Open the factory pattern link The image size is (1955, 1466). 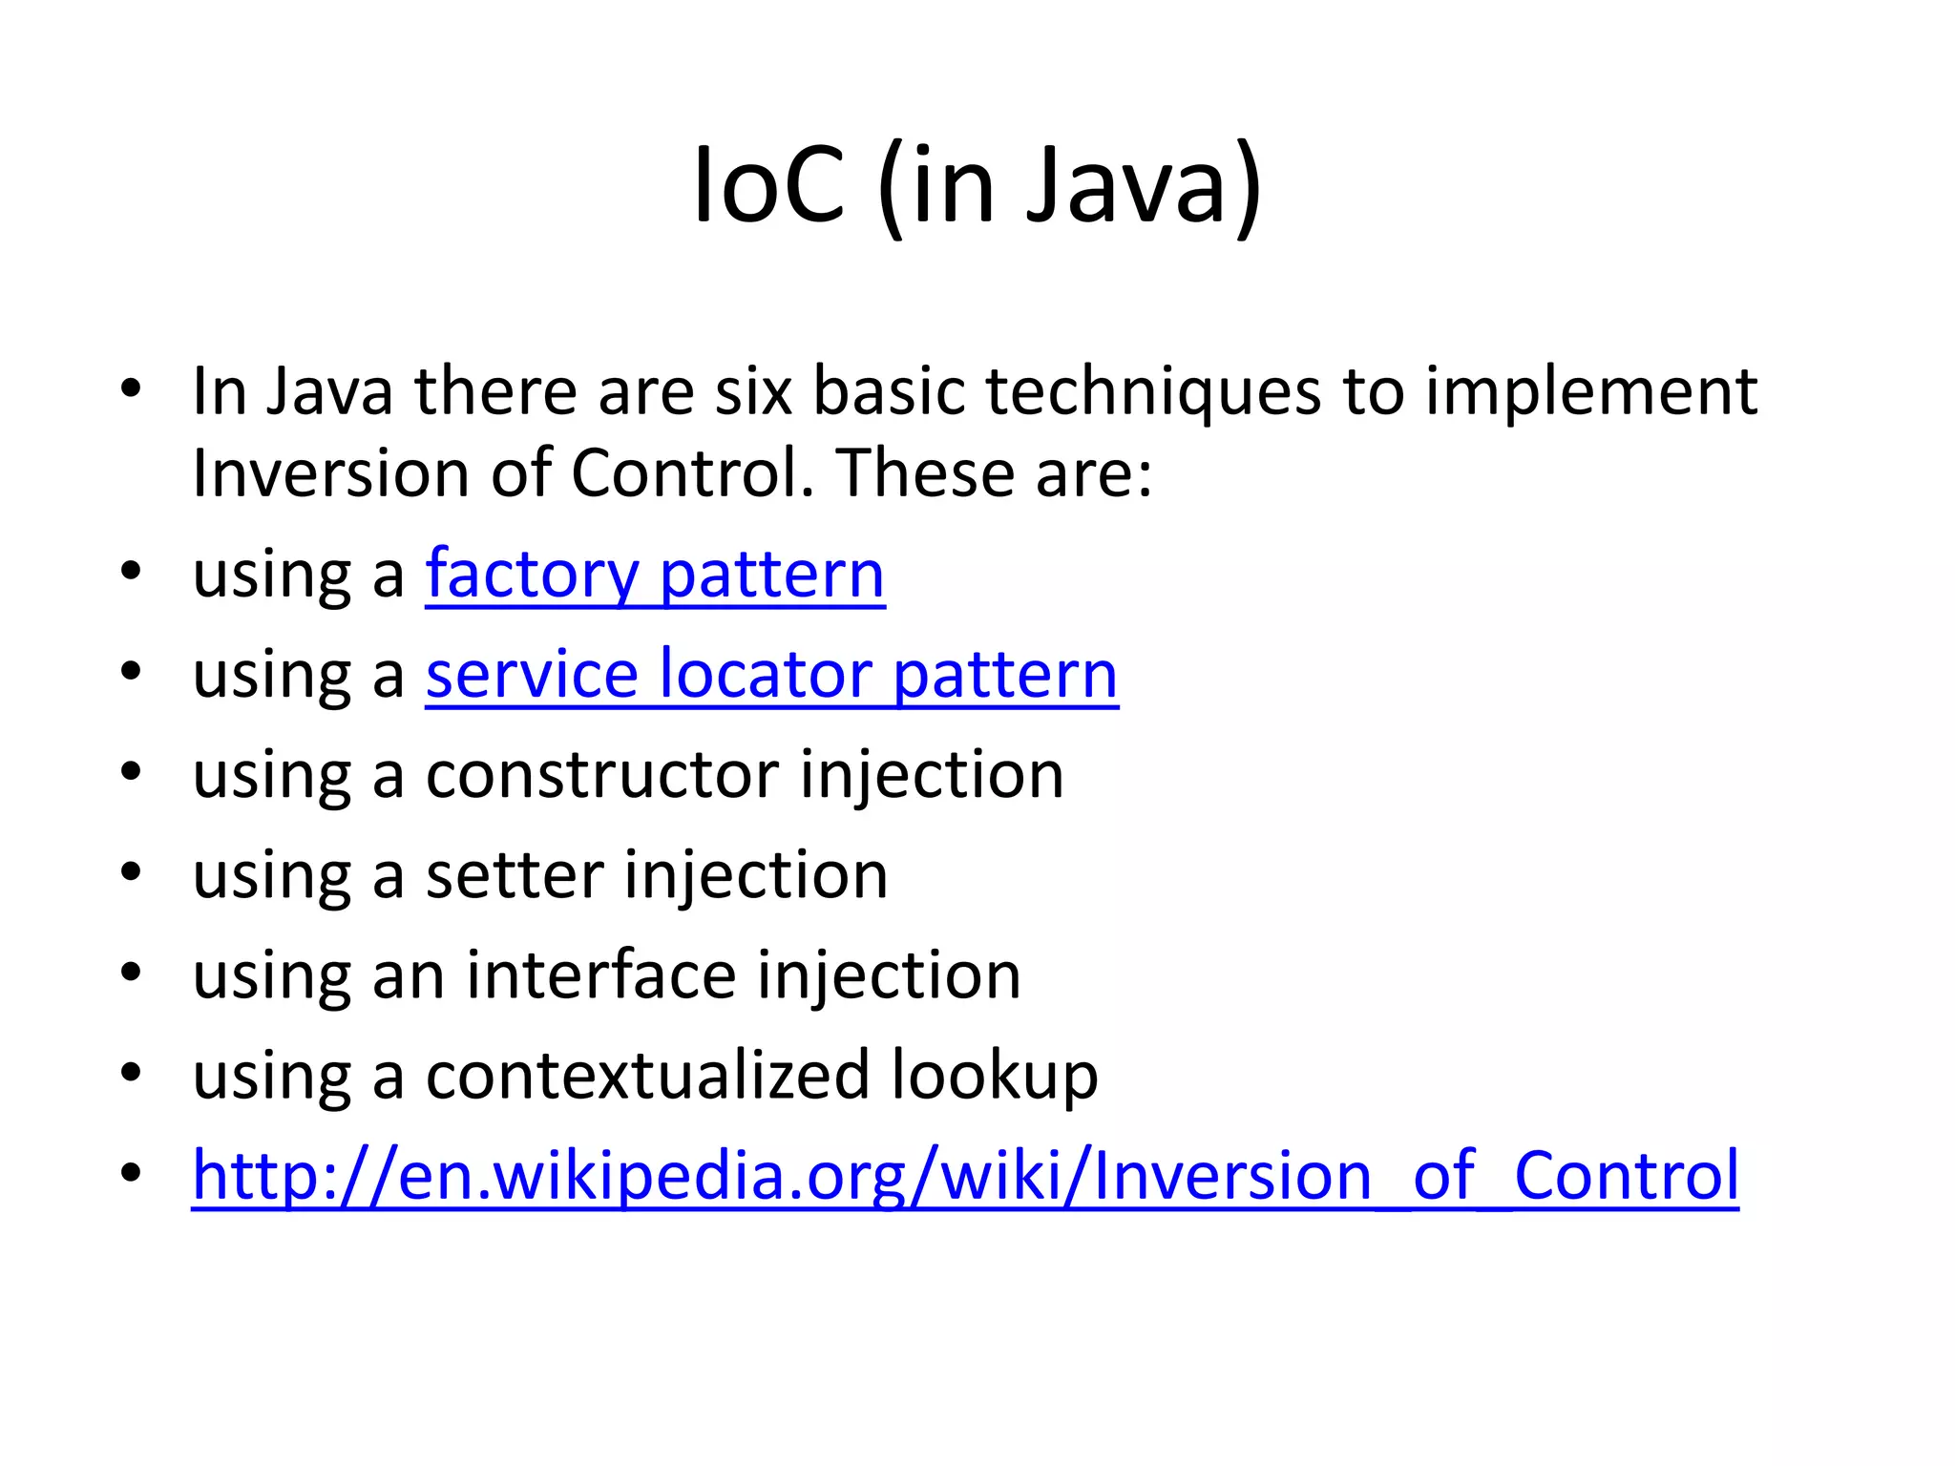tap(655, 576)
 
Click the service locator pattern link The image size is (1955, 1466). tap(771, 676)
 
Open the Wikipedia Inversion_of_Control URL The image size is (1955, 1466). tap(965, 1176)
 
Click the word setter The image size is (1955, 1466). tap(514, 875)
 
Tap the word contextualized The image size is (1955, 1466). tap(647, 1076)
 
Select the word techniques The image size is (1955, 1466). tap(1153, 393)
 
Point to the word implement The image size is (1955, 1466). tap(1591, 393)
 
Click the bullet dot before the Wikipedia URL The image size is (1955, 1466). tap(132, 1173)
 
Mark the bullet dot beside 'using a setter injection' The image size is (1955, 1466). tap(132, 872)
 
